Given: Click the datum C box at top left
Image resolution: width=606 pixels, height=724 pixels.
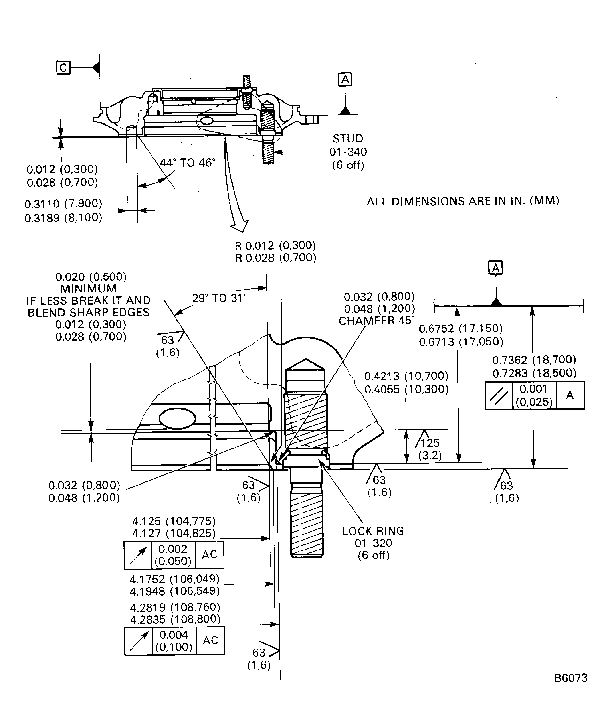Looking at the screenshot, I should pos(63,68).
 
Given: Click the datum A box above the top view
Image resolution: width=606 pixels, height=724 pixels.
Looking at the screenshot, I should pos(345,80).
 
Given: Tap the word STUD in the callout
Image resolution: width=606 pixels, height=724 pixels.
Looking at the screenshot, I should pos(348,139).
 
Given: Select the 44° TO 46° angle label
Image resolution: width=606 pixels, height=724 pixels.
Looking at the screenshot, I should pos(188,163).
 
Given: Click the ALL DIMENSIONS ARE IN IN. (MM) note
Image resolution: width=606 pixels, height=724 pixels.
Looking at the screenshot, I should pos(463,201).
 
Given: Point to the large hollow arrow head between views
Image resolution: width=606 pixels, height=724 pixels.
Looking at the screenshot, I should pos(240,226).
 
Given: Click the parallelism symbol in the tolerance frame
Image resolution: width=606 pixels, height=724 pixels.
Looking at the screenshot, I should pos(499,395).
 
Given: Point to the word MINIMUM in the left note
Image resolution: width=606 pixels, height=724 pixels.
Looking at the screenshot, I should pos(88,289).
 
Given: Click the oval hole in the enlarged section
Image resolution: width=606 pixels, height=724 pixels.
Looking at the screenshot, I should pos(177,418).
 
